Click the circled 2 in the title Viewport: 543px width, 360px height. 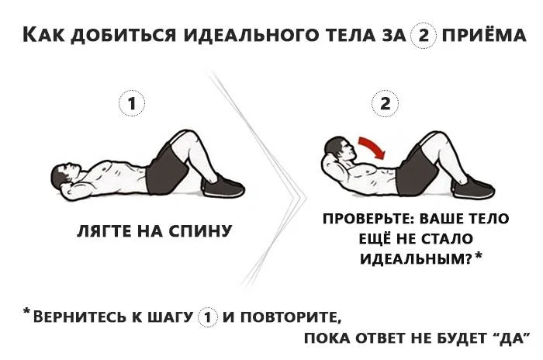tap(424, 36)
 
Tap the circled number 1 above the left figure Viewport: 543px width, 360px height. tap(132, 103)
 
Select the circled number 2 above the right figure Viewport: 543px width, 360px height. tap(385, 103)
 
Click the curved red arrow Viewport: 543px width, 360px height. tap(372, 147)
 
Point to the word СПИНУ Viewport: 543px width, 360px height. tap(200, 230)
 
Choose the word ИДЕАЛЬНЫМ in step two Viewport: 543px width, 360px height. tap(416, 258)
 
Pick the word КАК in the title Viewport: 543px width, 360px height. tap(43, 35)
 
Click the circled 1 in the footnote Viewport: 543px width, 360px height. tap(208, 317)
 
